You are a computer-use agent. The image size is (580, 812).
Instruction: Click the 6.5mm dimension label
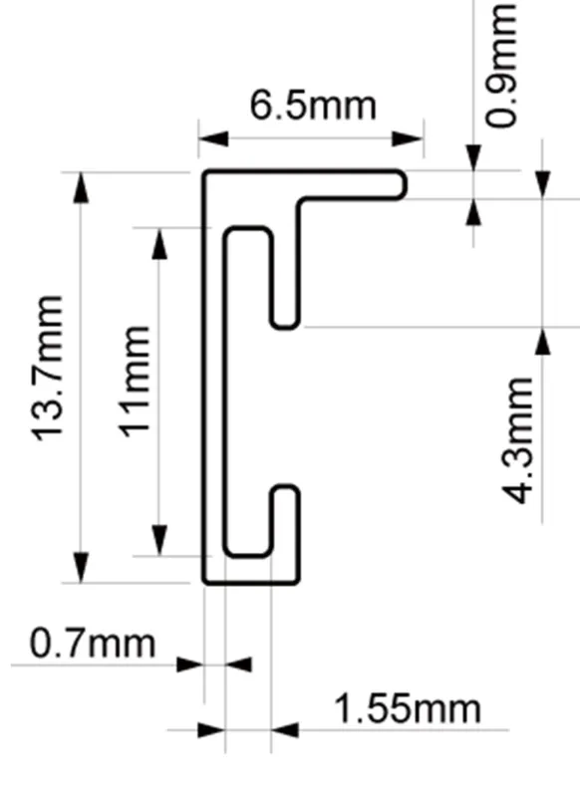(x=313, y=106)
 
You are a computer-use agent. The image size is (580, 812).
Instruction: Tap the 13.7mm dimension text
(x=48, y=369)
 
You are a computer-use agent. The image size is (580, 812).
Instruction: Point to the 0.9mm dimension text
(x=501, y=65)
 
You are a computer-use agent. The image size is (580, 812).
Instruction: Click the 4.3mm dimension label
(x=518, y=440)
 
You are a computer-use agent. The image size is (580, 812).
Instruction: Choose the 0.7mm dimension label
(x=92, y=644)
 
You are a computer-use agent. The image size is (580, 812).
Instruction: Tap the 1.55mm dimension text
(x=408, y=708)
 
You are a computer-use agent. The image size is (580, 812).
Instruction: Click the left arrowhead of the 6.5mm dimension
(x=213, y=138)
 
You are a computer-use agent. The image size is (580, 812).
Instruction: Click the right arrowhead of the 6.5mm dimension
(x=408, y=138)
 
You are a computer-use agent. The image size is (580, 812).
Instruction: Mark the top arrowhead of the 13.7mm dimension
(x=81, y=187)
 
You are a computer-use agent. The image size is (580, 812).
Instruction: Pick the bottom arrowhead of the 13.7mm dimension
(x=81, y=568)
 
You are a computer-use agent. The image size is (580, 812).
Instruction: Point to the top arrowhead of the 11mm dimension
(x=159, y=243)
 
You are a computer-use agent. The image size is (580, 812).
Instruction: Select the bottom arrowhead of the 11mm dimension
(x=159, y=540)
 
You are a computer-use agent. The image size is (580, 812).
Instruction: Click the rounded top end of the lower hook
(x=285, y=486)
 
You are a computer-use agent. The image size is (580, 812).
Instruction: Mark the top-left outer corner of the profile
(x=204, y=171)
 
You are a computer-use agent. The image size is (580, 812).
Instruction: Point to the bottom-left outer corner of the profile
(x=204, y=583)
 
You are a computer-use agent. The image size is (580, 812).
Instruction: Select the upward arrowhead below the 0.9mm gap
(x=472, y=212)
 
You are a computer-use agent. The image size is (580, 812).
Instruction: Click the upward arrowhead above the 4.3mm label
(x=542, y=342)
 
